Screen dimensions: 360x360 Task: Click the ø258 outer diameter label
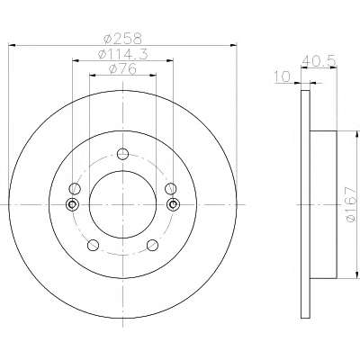(121, 39)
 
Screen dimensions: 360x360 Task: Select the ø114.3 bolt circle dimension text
(122, 54)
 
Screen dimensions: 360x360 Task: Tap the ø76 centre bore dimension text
(122, 69)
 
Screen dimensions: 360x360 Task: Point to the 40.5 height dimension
(319, 61)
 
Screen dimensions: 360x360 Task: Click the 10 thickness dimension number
(282, 76)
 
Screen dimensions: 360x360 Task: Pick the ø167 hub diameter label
(351, 205)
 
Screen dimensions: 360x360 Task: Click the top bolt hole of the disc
(122, 154)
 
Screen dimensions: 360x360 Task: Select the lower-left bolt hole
(93, 245)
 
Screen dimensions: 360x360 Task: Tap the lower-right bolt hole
(152, 245)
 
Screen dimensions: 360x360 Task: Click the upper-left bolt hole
(75, 189)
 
